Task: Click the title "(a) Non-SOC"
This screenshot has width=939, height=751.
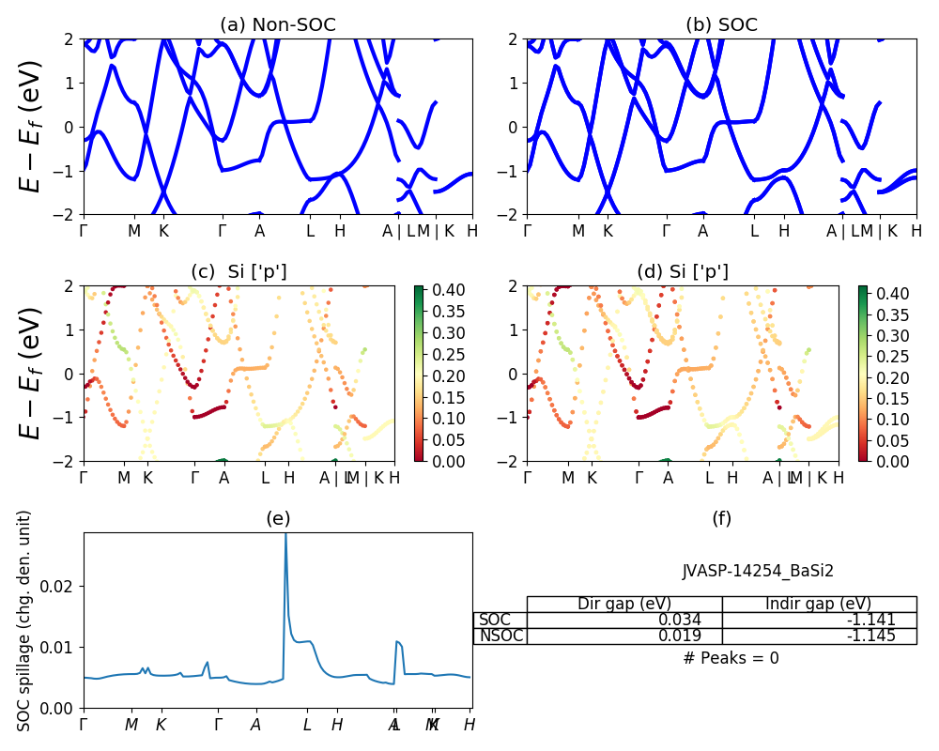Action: [x=277, y=25]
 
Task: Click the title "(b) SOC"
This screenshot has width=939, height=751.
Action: [x=721, y=25]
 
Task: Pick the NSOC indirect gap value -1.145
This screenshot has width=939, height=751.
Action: [x=869, y=636]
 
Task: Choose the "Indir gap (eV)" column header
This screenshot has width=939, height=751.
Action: [x=818, y=604]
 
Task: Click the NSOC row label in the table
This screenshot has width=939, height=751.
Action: [x=500, y=636]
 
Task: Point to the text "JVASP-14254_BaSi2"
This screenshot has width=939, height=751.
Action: [x=758, y=571]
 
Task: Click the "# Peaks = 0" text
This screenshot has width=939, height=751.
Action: [x=731, y=658]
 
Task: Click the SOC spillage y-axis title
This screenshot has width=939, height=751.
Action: [x=25, y=621]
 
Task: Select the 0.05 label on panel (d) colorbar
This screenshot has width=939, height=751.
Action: [x=891, y=440]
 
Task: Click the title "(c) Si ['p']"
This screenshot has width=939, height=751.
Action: [x=239, y=272]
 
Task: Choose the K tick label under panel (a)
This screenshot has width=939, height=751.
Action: [x=163, y=231]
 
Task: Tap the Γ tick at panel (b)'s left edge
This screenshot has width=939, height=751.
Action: [x=528, y=231]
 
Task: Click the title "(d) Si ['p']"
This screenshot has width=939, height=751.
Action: [x=683, y=272]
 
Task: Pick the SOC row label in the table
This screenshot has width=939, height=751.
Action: [x=495, y=620]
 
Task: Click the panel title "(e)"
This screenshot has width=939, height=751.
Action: [x=277, y=518]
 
